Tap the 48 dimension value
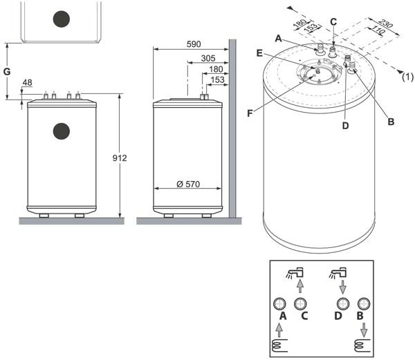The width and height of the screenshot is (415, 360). [27, 84]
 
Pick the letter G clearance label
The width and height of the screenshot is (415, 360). [7, 71]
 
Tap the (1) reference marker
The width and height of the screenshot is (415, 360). [408, 78]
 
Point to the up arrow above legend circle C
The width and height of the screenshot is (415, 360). [300, 285]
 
